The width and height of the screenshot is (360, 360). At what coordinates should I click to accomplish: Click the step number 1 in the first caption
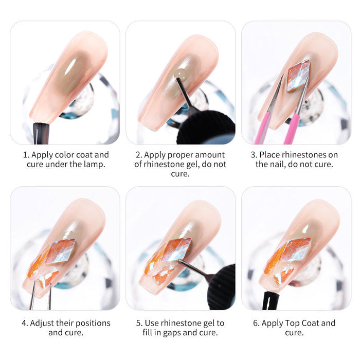[24, 155]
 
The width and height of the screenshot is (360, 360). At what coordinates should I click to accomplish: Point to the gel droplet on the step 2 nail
[180, 75]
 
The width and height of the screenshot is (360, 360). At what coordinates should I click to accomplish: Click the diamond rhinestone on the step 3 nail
[298, 75]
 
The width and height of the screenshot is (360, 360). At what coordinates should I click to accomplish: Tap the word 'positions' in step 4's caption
[91, 323]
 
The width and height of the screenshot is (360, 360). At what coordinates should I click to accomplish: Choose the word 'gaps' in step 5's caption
[180, 333]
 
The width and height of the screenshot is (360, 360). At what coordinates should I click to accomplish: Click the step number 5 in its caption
[139, 323]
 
